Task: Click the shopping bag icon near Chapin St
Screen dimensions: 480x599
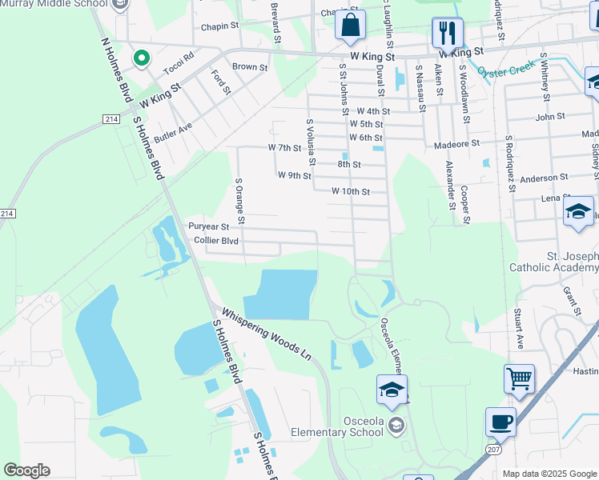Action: pyautogui.click(x=351, y=26)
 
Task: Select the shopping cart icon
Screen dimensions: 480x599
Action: pyautogui.click(x=519, y=378)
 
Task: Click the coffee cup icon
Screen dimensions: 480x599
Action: pyautogui.click(x=501, y=422)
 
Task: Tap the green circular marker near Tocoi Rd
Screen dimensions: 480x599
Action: pyautogui.click(x=142, y=58)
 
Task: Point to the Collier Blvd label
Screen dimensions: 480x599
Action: pyautogui.click(x=216, y=240)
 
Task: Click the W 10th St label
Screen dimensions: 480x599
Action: pyautogui.click(x=351, y=191)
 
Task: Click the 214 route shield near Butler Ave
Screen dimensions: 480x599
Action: pyautogui.click(x=111, y=119)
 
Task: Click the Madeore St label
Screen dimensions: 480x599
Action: pyautogui.click(x=456, y=143)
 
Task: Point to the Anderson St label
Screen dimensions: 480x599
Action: pyautogui.click(x=544, y=178)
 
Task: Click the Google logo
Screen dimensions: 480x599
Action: pyautogui.click(x=26, y=470)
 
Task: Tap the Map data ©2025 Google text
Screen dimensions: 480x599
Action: pyautogui.click(x=549, y=474)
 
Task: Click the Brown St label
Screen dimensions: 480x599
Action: pyautogui.click(x=250, y=68)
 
